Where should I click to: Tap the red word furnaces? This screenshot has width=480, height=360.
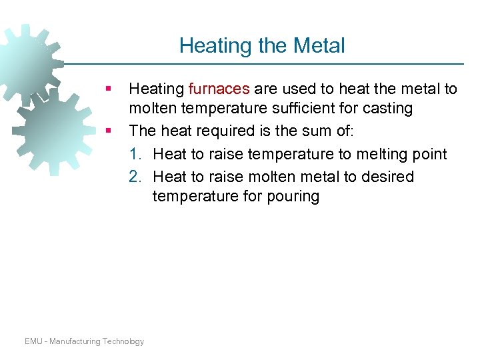coord(219,89)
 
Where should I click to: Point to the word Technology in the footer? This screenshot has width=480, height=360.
coord(123,341)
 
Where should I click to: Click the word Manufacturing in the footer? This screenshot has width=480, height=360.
coord(74,341)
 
